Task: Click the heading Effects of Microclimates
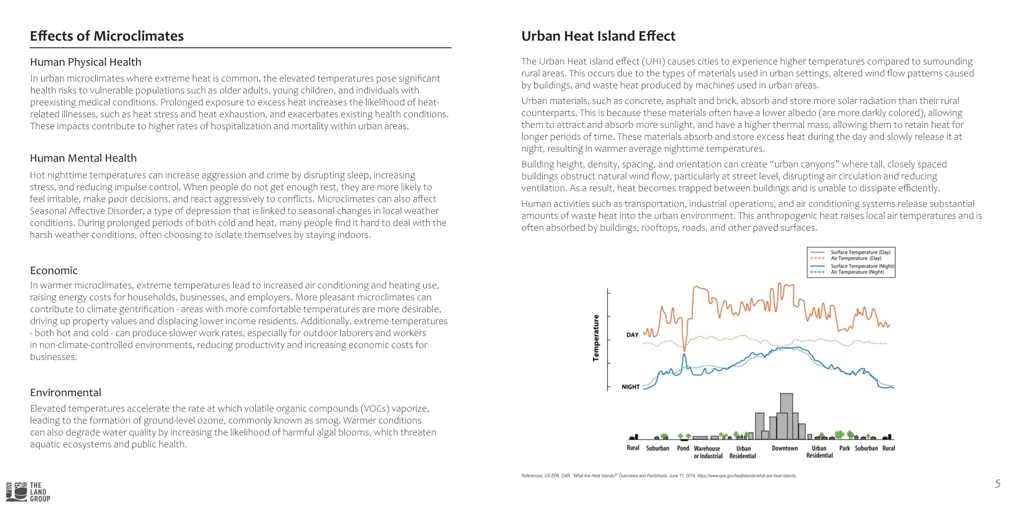point(107,36)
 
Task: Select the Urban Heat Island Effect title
point(598,36)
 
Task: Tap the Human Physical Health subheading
point(86,62)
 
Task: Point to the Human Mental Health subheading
point(83,158)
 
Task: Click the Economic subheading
point(54,270)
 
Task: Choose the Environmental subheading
point(66,393)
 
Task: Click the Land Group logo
point(28,492)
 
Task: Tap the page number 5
point(998,484)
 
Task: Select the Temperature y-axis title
point(596,338)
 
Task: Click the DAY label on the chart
point(633,335)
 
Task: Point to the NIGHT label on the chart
point(631,387)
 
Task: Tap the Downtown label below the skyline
point(785,448)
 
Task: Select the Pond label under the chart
point(683,448)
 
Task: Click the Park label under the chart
point(845,448)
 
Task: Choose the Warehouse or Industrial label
point(708,452)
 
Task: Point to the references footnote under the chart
point(659,476)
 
